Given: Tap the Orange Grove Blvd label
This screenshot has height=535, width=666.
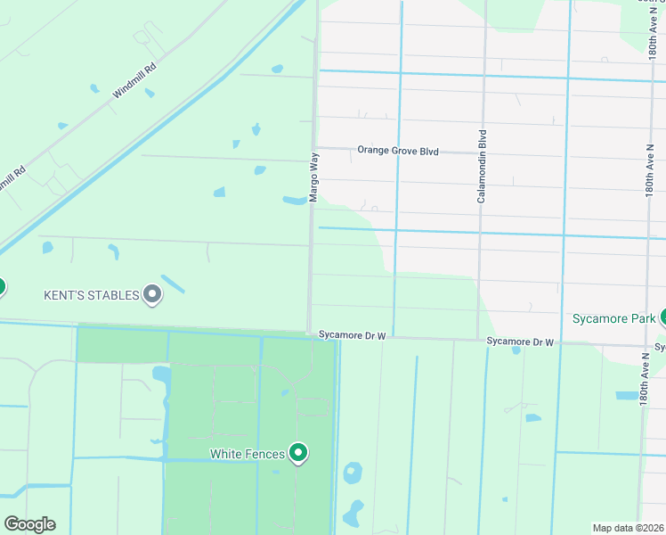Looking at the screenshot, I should click(x=398, y=151).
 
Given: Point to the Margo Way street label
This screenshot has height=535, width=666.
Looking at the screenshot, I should click(x=313, y=176).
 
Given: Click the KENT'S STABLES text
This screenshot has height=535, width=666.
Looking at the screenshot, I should click(x=92, y=295).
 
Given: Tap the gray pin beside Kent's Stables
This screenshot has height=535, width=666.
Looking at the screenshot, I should click(x=152, y=293).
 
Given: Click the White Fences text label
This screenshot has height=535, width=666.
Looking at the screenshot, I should click(x=248, y=454).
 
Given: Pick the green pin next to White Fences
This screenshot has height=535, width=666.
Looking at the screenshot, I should click(x=299, y=454).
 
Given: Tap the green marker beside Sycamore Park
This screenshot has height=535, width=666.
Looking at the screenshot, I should click(x=663, y=317).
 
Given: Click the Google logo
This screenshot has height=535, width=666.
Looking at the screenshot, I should click(x=29, y=524).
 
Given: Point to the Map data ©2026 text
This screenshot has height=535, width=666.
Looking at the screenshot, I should click(x=628, y=528).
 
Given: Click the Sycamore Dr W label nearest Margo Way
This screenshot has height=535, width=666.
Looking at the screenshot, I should click(x=353, y=335).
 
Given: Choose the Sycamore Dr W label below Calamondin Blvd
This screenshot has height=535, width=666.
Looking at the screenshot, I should click(x=520, y=342).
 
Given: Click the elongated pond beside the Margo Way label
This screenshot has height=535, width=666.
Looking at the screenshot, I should click(x=294, y=200).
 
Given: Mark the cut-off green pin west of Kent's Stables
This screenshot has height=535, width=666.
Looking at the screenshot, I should click(x=1, y=287).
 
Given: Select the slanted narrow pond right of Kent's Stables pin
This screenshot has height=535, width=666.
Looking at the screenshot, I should click(x=173, y=284).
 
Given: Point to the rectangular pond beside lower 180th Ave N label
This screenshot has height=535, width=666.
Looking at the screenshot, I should click(x=626, y=395).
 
